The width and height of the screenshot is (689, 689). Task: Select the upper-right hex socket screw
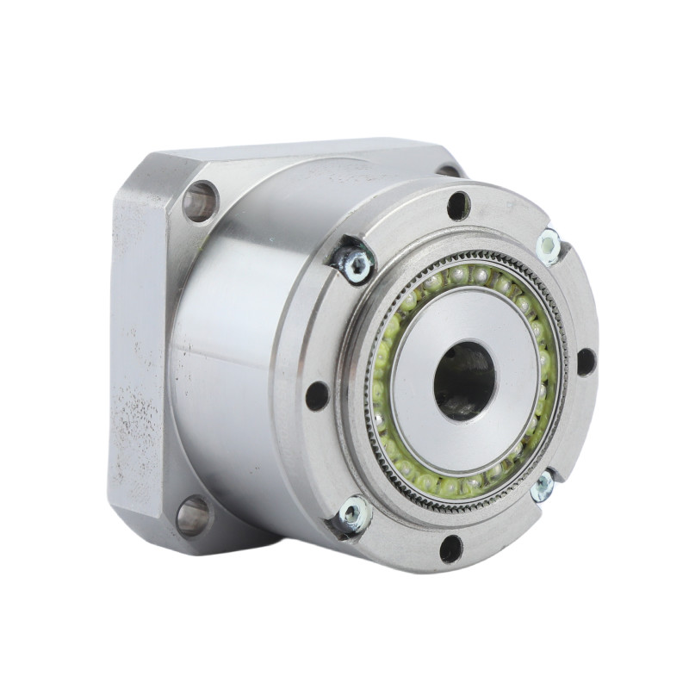pos(549,246)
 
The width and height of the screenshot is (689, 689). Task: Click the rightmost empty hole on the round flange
pos(586,361)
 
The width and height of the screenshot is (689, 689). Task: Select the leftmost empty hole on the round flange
pos(317,395)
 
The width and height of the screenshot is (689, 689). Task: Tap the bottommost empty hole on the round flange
pos(450,549)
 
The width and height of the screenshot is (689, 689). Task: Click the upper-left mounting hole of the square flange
pos(200,202)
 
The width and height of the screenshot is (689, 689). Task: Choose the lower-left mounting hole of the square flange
pos(194,515)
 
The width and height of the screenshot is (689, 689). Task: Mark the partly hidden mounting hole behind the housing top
pos(449,170)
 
